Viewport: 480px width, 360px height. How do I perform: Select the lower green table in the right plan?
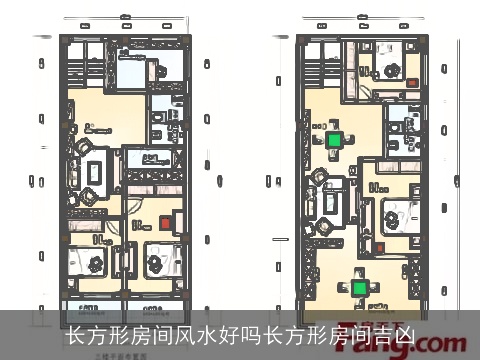(360, 288)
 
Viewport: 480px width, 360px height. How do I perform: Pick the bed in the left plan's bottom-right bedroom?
(159, 263)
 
